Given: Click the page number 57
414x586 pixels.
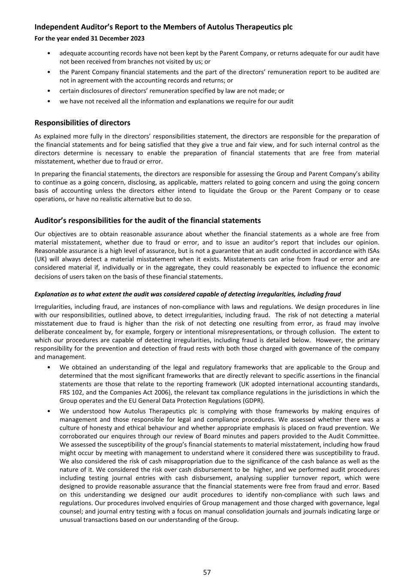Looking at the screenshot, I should point(207,572).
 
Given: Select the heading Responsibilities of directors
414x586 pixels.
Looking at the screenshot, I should point(82,123).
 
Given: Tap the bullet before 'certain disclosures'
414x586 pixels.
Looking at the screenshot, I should point(49,91).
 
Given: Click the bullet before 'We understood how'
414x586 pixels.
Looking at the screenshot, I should point(49,411).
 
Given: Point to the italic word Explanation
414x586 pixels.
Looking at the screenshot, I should point(52,294).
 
